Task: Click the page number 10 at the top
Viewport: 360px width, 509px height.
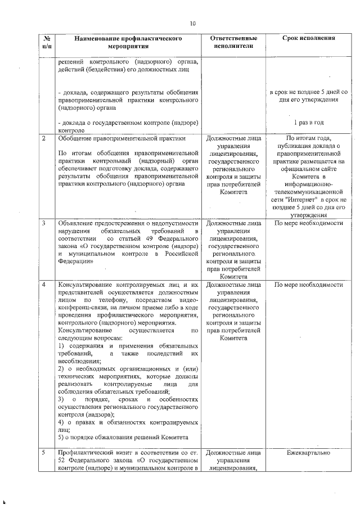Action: click(x=192, y=24)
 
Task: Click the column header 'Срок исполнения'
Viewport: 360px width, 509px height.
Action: click(x=308, y=38)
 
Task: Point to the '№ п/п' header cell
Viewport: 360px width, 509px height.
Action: click(x=46, y=42)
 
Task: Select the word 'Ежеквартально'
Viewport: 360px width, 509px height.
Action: click(x=308, y=452)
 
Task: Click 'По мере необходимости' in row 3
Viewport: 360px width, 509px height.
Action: click(x=308, y=223)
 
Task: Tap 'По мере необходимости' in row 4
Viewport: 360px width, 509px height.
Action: click(x=308, y=285)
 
